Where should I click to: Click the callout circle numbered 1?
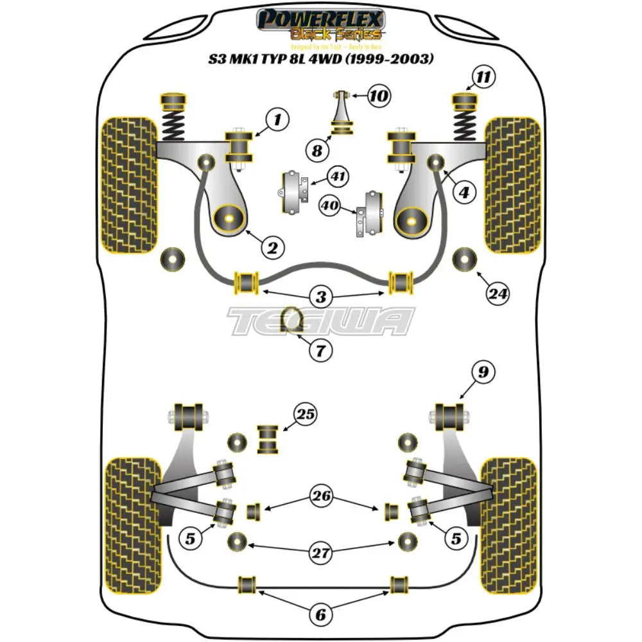click(277, 119)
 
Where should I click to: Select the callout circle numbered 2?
click(272, 247)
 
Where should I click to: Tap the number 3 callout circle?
click(321, 297)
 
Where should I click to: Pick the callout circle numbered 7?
click(320, 351)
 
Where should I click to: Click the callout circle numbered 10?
click(379, 97)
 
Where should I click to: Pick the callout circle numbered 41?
click(336, 175)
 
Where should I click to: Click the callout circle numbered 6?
click(320, 615)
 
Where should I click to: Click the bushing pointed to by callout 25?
click(267, 439)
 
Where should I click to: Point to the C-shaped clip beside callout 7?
click(295, 320)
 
